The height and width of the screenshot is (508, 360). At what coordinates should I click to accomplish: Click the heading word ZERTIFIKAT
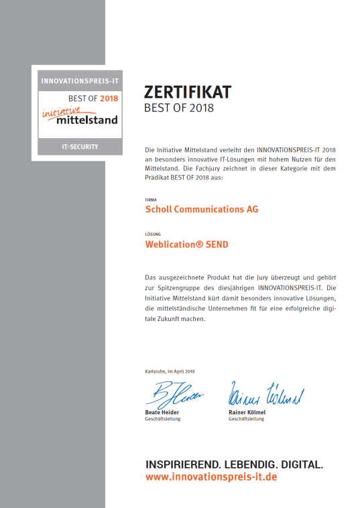pyautogui.click(x=188, y=92)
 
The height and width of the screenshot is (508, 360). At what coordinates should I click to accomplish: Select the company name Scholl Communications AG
pyautogui.click(x=202, y=209)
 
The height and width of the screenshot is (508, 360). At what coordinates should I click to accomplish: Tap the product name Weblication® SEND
pyautogui.click(x=187, y=245)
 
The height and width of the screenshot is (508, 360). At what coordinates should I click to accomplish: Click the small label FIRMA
pyautogui.click(x=150, y=200)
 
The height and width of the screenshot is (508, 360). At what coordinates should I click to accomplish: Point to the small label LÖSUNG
pyautogui.click(x=152, y=235)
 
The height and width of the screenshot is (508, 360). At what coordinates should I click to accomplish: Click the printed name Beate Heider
pyautogui.click(x=163, y=413)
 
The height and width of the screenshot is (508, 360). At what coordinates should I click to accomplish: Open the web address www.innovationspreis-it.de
pyautogui.click(x=211, y=477)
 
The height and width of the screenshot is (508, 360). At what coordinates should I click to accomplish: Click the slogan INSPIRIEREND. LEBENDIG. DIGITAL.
pyautogui.click(x=235, y=464)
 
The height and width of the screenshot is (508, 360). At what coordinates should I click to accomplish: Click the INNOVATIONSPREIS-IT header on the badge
pyautogui.click(x=80, y=81)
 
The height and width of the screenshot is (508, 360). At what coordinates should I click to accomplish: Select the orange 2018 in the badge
pyautogui.click(x=108, y=99)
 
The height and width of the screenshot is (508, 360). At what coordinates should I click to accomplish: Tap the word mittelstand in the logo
pyautogui.click(x=87, y=120)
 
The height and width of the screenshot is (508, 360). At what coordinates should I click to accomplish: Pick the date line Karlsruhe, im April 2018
pyautogui.click(x=170, y=371)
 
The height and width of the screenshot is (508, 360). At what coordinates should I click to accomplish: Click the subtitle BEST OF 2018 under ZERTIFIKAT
pyautogui.click(x=179, y=108)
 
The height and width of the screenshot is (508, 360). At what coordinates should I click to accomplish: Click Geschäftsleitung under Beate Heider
pyautogui.click(x=163, y=420)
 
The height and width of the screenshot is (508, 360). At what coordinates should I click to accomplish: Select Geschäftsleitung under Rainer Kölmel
pyautogui.click(x=247, y=420)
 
